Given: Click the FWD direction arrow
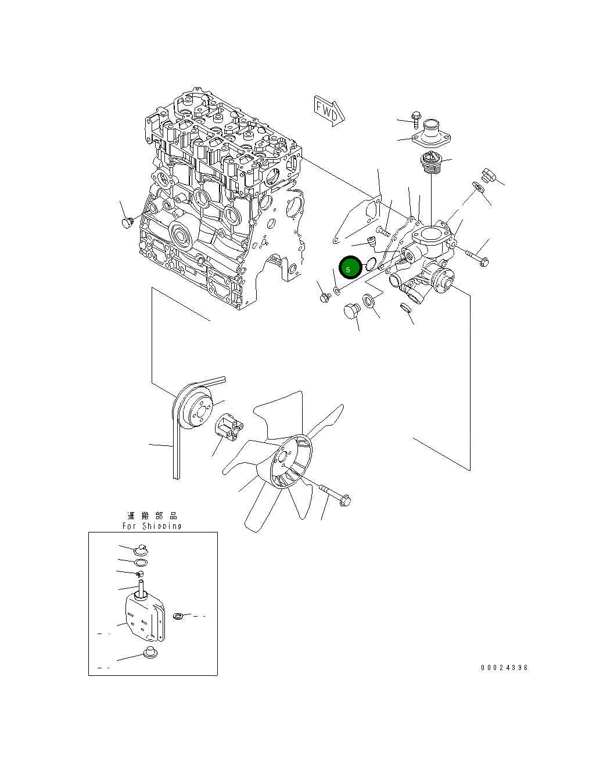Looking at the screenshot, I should click(329, 110).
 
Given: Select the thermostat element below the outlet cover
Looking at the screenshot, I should click(431, 163).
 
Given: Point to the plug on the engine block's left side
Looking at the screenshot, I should click(127, 222).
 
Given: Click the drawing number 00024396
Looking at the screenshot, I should click(504, 668).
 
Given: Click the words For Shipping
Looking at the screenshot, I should click(152, 526).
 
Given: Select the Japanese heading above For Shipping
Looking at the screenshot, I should click(152, 516).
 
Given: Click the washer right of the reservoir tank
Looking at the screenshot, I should click(179, 615).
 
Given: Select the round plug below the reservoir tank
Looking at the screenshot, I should click(150, 652).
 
